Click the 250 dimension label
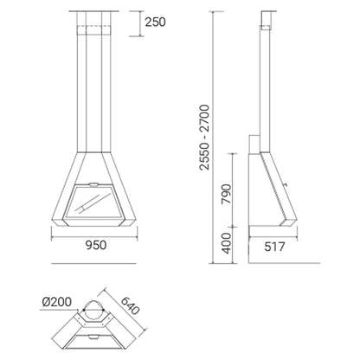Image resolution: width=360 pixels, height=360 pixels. pyautogui.click(x=155, y=22)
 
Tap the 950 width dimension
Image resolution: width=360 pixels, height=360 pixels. pyautogui.click(x=96, y=245)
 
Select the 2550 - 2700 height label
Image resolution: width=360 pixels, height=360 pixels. pyautogui.click(x=204, y=138)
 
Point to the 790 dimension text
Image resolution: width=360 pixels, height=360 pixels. pyautogui.click(x=227, y=194)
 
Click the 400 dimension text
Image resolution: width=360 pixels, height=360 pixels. pyautogui.click(x=227, y=243)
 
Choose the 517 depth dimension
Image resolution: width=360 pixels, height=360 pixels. pyautogui.click(x=274, y=247)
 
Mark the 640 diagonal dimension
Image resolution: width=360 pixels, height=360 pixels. pyautogui.click(x=131, y=305)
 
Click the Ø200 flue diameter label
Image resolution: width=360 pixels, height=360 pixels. pyautogui.click(x=56, y=302)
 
